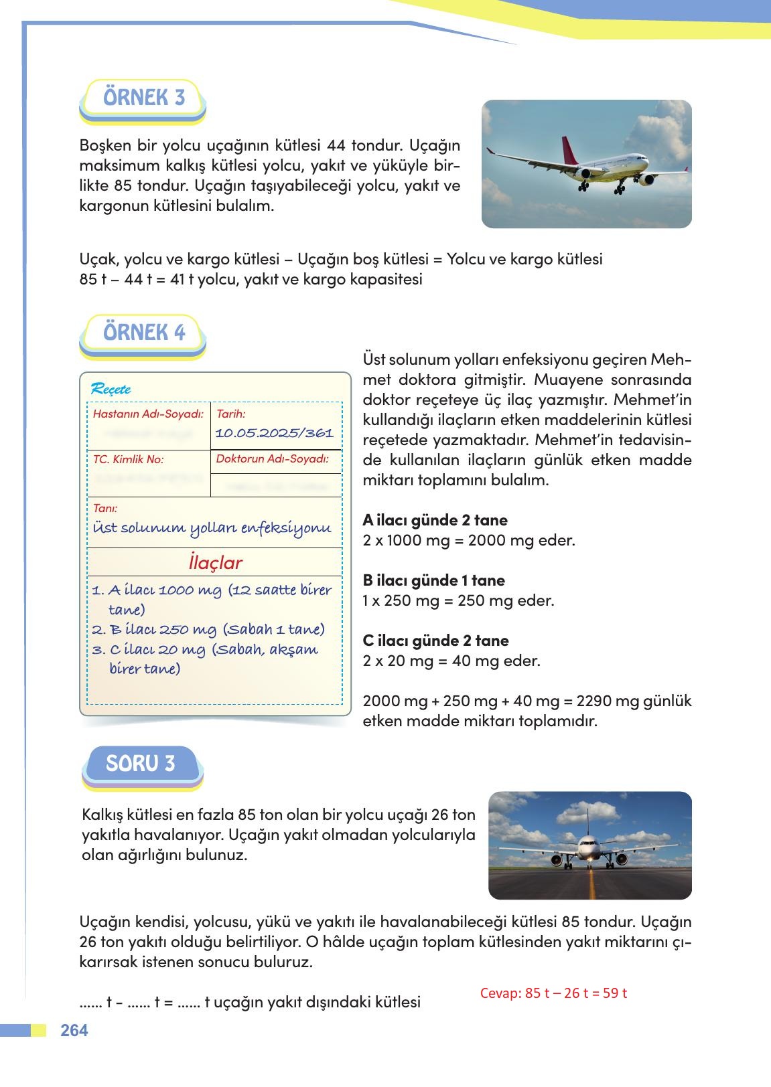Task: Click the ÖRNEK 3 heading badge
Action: point(143,98)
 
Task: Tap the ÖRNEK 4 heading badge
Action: point(143,333)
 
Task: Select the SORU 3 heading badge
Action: point(141,764)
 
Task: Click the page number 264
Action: point(74,1030)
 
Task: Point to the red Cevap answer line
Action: point(553,993)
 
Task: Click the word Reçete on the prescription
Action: point(111,389)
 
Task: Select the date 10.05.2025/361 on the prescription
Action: point(274,433)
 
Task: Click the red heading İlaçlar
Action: point(215,563)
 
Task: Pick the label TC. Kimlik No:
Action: point(128,459)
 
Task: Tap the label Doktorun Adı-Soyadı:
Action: point(272,458)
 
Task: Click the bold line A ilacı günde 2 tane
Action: point(435,520)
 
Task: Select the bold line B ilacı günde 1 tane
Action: point(433,580)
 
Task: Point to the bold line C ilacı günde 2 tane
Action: point(435,641)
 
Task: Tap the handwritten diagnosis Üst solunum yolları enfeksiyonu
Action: point(212,528)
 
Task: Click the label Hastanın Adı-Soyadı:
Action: point(147,414)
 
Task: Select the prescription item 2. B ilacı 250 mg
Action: point(154,630)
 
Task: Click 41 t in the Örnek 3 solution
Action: point(178,279)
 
